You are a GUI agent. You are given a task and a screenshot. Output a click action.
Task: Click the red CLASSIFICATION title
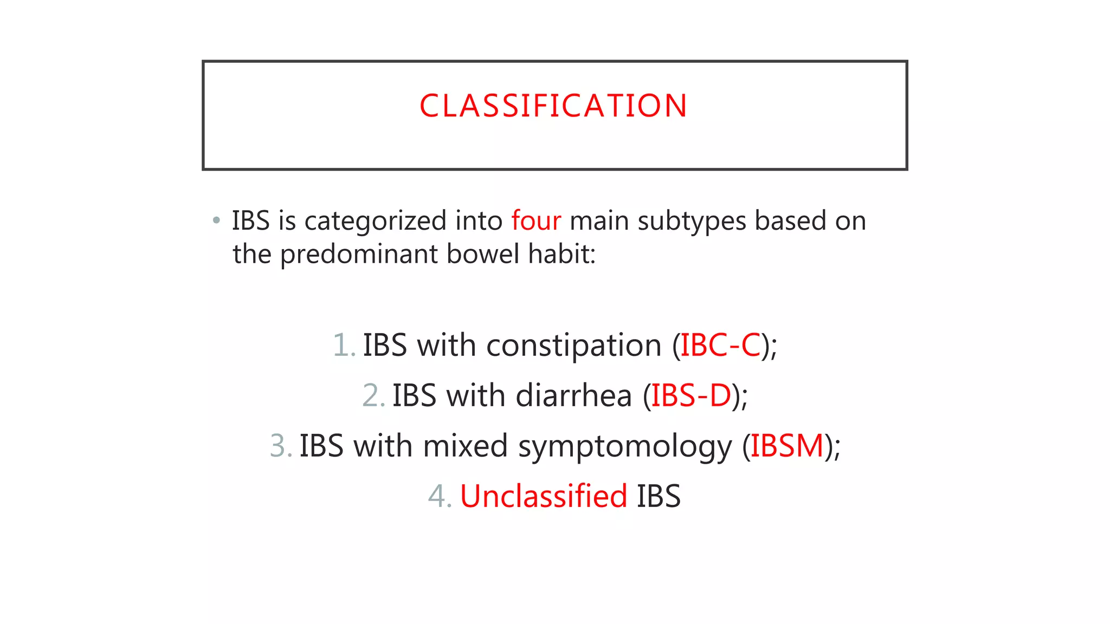point(553,106)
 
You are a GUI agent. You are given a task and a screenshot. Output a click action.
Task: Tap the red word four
point(535,221)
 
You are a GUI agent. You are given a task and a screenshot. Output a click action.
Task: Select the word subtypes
point(692,221)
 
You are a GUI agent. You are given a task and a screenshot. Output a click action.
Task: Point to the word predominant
point(359,254)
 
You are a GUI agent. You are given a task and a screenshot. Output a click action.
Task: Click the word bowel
point(483,254)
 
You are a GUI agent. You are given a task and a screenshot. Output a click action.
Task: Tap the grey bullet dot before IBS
point(216,220)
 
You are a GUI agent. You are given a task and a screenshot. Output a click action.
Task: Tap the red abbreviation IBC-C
point(720,345)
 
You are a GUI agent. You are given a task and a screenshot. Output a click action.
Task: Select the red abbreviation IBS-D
point(691,395)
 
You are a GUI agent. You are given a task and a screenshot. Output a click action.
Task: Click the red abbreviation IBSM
point(786,446)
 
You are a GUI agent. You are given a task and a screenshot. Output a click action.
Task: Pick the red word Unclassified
point(543,496)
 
